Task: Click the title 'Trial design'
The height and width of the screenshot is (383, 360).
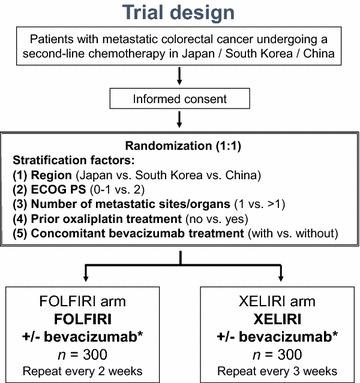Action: [x=179, y=13]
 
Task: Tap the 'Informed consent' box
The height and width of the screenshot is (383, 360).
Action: [x=180, y=101]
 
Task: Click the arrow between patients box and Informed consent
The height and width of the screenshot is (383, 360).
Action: [x=180, y=78]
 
